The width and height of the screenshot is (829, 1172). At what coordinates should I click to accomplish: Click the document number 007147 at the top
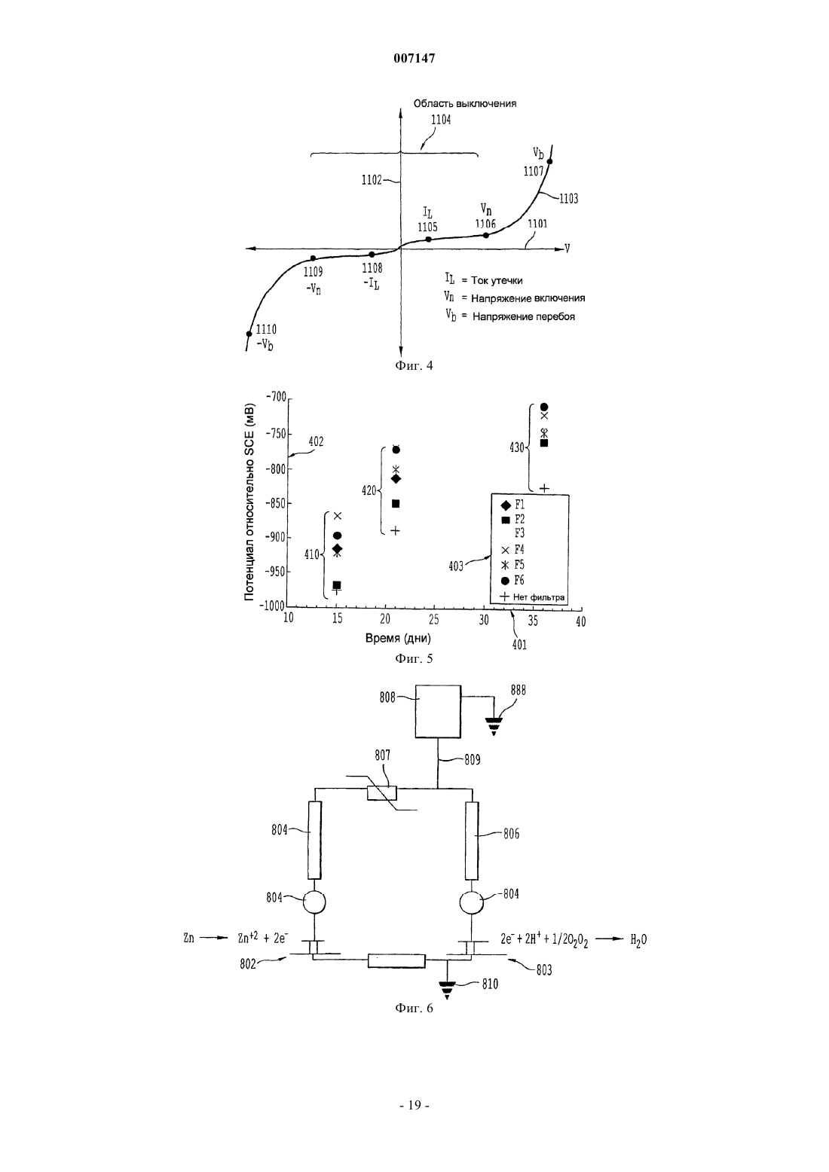414,59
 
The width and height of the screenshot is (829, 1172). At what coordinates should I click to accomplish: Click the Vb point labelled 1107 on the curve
549,161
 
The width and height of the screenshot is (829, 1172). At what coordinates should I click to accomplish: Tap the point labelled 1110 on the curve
249,334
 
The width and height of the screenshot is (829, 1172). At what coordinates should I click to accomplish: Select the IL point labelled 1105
428,239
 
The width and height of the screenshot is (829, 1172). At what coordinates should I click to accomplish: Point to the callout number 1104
441,120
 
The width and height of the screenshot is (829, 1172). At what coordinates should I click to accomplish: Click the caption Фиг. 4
414,365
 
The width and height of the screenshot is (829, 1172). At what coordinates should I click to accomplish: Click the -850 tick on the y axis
277,503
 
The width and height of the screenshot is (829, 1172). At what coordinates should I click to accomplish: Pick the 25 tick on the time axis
434,620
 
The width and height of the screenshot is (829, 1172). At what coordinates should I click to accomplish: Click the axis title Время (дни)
398,638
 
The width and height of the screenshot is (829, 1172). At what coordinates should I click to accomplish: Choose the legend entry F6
513,580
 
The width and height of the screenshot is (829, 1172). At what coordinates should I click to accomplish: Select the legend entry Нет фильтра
533,597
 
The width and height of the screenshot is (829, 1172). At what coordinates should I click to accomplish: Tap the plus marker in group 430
544,488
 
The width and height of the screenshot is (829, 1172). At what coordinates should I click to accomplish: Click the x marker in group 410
338,516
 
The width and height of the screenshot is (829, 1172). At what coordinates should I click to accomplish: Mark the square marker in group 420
396,503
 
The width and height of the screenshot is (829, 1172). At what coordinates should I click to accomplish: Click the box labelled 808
438,711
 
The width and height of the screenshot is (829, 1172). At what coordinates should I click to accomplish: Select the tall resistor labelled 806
472,841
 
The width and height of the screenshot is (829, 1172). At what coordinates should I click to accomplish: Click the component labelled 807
381,793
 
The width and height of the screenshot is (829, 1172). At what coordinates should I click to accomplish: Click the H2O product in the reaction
638,940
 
